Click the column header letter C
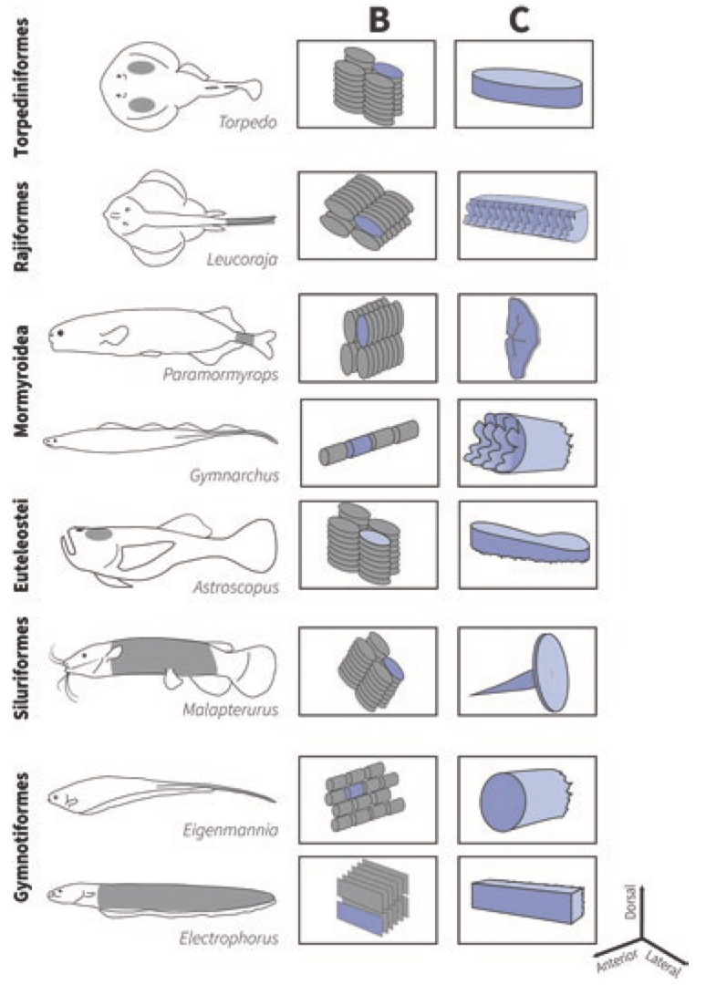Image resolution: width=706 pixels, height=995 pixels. (518, 20)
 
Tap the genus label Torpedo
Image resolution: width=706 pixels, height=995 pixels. (245, 119)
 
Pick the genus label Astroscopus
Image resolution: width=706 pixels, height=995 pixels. (242, 586)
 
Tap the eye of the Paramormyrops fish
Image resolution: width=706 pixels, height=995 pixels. (60, 334)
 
